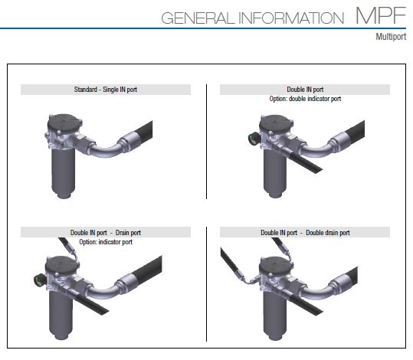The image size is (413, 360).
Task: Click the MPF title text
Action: click(381, 15)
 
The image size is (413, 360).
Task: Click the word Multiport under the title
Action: click(391, 37)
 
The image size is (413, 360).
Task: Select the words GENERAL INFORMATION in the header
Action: click(253, 18)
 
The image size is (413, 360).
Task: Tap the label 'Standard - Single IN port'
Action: click(106, 90)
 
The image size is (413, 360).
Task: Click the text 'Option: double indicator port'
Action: click(305, 99)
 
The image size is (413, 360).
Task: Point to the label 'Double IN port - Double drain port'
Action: click(305, 233)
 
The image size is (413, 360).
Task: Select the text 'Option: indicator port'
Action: click(106, 242)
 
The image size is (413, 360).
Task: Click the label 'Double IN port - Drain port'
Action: click(106, 233)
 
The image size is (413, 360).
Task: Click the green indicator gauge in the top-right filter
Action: click(253, 139)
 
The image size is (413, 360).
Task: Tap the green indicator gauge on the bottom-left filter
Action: click(39, 280)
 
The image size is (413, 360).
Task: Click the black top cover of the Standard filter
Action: click(64, 124)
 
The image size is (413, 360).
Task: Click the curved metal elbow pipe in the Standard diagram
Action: click(107, 150)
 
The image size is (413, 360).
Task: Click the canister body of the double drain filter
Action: click(275, 315)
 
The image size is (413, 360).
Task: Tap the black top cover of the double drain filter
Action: click(276, 267)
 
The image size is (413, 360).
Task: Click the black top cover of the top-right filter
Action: click(276, 124)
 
